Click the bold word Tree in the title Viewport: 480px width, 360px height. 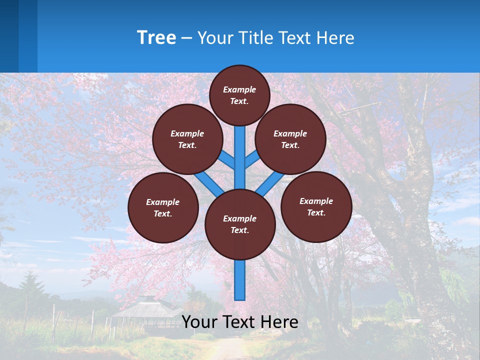(156, 38)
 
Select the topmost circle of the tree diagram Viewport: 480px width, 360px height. (239, 95)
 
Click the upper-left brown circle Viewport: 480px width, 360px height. (187, 139)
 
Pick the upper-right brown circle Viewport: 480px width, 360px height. (290, 139)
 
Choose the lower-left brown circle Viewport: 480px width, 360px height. (163, 207)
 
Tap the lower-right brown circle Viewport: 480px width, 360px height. (316, 206)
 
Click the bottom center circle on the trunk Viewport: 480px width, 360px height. (240, 224)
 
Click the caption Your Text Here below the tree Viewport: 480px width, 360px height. (240, 322)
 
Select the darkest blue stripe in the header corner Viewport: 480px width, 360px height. (9, 36)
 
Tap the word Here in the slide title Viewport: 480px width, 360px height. (336, 38)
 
